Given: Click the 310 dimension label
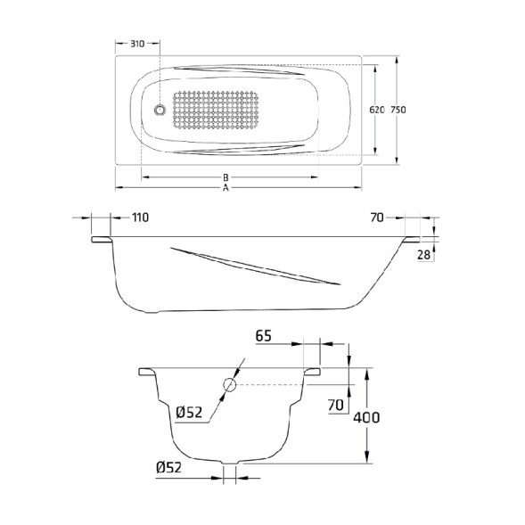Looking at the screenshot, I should point(137,44).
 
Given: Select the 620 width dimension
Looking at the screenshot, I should point(377,110).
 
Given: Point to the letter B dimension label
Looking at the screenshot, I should point(226,177).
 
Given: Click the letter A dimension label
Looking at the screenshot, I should point(226,188).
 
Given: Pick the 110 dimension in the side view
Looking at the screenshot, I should point(139,217).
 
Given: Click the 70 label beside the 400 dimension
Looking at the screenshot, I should point(335,406).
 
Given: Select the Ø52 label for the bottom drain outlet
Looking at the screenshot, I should point(169,467).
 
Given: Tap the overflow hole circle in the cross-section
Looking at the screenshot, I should point(229,384).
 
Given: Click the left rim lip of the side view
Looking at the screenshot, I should point(100,240).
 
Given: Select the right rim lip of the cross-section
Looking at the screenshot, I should point(313,371).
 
